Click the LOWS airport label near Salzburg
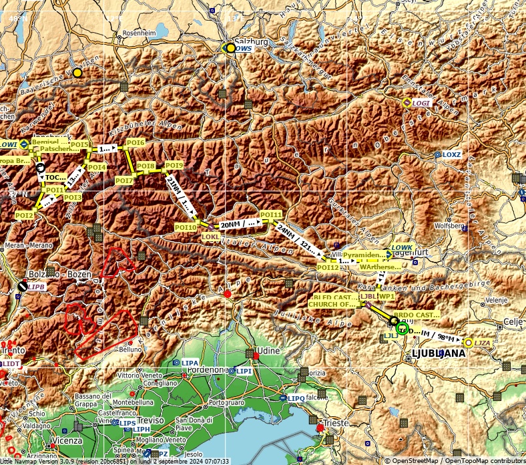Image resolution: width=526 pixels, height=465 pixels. [244, 49]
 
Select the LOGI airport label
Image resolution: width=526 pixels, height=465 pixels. [421, 103]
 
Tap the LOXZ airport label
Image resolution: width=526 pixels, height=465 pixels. [452, 154]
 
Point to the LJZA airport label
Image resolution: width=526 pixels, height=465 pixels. [483, 343]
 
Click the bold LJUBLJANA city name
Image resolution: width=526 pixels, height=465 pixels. [439, 353]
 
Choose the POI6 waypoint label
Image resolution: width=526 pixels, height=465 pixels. [136, 142]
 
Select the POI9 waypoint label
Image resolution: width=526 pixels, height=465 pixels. [174, 165]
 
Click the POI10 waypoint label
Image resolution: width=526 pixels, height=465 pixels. [186, 228]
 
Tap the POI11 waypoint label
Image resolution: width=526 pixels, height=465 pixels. [271, 214]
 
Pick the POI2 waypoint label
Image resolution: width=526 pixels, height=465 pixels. [25, 215]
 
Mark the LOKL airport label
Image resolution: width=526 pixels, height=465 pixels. [210, 237]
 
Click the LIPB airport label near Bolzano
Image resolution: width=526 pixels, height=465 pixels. [36, 287]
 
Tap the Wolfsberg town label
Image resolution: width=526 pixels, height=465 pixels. [449, 226]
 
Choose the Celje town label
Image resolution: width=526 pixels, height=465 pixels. [513, 321]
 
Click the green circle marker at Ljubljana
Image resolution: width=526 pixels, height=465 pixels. [401, 328]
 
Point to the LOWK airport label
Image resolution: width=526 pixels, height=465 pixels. [402, 248]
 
